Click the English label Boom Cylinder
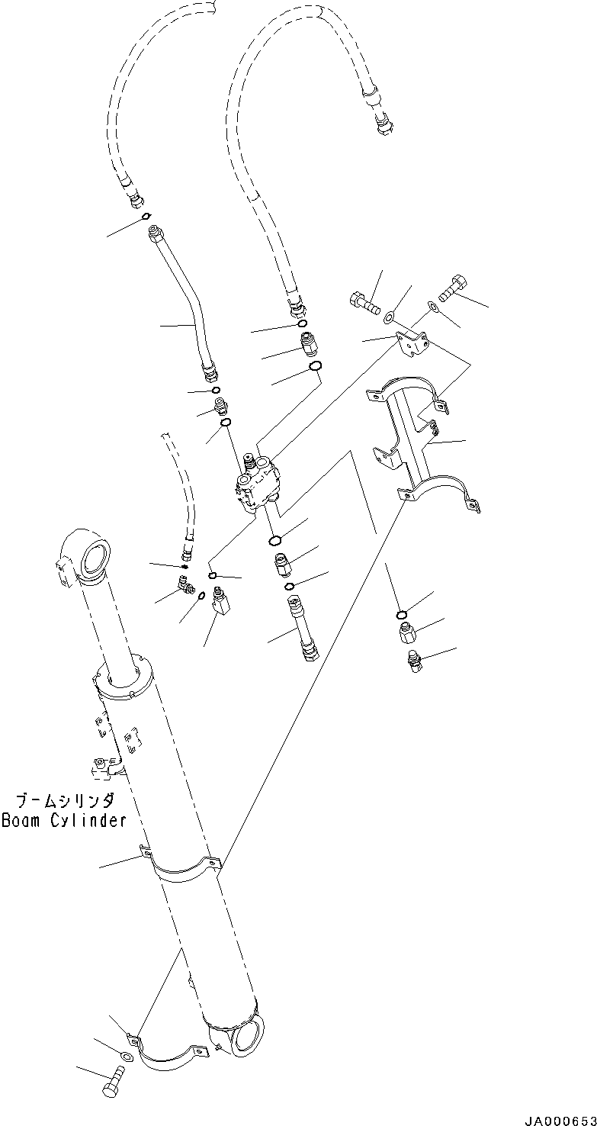click(x=63, y=821)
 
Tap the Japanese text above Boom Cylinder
click(x=65, y=801)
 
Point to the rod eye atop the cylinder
click(x=85, y=555)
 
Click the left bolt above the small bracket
click(x=365, y=303)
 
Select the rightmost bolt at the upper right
click(x=451, y=288)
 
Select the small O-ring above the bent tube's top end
click(x=145, y=216)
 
